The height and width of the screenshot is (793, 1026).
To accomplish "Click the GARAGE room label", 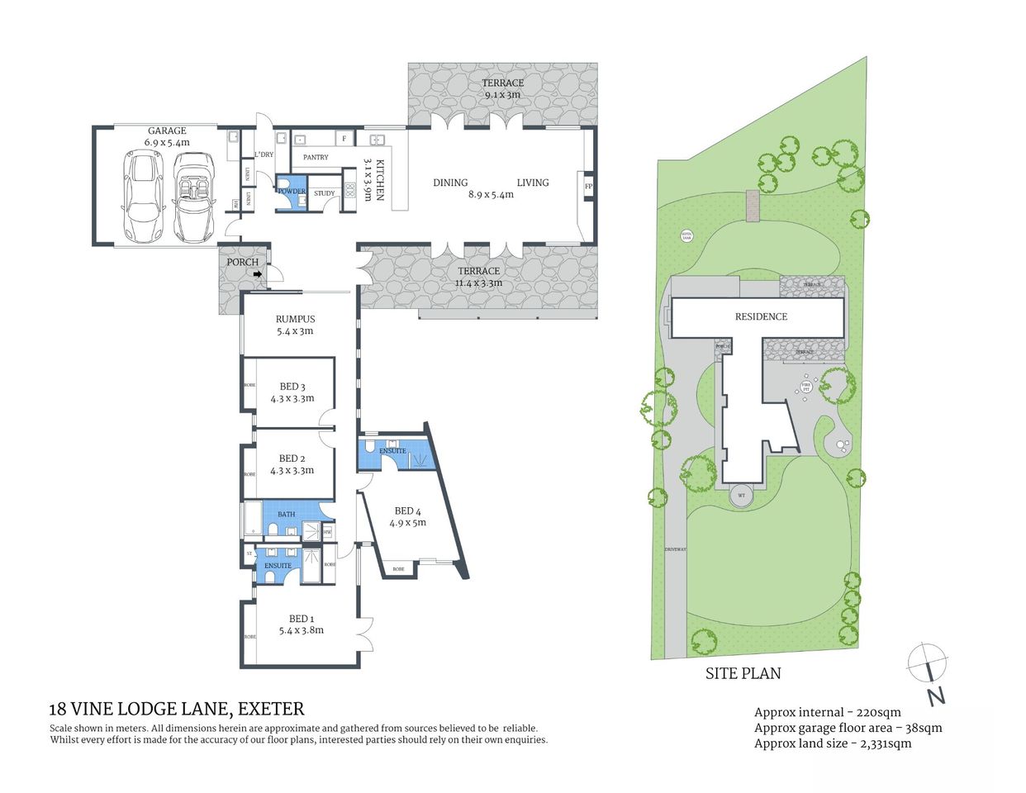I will [x=167, y=131].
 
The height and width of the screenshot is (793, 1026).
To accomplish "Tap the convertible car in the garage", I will [x=192, y=198].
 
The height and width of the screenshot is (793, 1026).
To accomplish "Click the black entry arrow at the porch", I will [x=258, y=274].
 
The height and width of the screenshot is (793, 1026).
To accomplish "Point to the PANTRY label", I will [x=316, y=157].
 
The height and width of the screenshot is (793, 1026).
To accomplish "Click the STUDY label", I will [x=325, y=193].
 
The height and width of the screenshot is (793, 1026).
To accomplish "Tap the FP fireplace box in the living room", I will [x=588, y=187].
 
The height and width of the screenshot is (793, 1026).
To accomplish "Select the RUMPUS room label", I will [x=295, y=319].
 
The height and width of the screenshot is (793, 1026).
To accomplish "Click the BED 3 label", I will [x=292, y=387].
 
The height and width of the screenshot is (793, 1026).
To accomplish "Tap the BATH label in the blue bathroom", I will [x=286, y=514].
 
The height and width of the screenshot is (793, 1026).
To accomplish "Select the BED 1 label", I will [x=301, y=619].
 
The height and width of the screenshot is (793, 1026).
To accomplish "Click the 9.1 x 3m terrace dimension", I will [x=502, y=95].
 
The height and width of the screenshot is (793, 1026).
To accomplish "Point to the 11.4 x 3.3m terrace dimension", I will [x=478, y=283].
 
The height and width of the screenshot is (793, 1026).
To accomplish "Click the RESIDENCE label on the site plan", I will [x=761, y=316].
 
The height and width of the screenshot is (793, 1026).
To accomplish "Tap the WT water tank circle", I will [x=741, y=495].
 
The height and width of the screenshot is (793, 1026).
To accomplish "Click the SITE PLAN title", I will [x=743, y=673].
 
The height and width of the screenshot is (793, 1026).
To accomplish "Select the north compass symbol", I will [x=929, y=665].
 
